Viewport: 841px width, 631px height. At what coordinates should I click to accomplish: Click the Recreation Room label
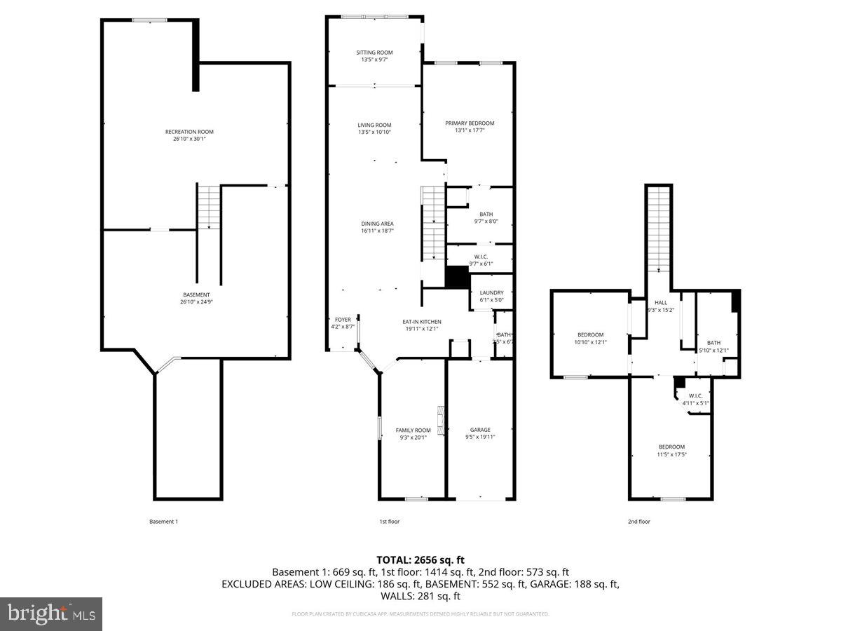pos(189,132)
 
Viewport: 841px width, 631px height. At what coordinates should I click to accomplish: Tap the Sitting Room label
pos(374,53)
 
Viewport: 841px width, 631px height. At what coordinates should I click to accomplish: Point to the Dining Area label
pos(377,224)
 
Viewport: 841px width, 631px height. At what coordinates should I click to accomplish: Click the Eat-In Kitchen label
pos(421,322)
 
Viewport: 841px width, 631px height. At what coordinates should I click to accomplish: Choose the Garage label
pos(480,430)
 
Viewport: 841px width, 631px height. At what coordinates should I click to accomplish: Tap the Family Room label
pos(413,430)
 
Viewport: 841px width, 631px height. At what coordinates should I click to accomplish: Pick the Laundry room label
pos(491,293)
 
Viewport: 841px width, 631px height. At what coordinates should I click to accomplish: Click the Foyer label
pos(343,320)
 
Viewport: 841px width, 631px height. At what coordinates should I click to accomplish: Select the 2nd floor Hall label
pos(661,302)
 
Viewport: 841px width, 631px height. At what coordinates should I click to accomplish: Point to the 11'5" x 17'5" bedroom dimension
pos(671,454)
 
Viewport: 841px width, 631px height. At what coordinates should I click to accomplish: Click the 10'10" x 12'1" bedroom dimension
pos(590,343)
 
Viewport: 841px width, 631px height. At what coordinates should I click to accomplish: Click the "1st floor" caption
pos(390,522)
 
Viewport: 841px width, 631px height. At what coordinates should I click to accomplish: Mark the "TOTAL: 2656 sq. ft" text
pos(420,560)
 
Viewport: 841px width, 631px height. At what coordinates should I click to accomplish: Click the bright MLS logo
pos(51,614)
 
